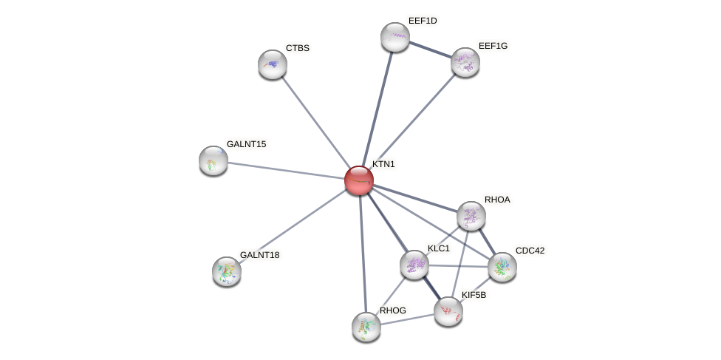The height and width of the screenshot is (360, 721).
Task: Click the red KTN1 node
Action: [359, 180]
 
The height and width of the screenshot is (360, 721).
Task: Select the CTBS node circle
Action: [273, 64]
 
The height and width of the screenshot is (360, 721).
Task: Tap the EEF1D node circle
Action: [395, 37]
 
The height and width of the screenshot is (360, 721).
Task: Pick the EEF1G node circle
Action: [465, 62]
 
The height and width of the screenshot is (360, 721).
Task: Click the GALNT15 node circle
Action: [213, 160]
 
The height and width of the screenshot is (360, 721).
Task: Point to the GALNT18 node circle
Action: [227, 271]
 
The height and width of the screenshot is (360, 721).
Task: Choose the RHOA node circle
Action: [471, 216]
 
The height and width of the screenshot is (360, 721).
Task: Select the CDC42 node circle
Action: [502, 267]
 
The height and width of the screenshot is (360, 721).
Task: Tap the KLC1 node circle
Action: [414, 265]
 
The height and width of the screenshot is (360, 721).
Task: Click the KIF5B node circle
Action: [448, 311]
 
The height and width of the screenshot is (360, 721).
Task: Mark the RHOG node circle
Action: [366, 327]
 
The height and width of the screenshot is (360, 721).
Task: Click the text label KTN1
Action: [383, 164]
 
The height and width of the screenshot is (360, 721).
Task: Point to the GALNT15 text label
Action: [246, 144]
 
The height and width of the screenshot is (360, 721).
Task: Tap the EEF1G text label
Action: [493, 46]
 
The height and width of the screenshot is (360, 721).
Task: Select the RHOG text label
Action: [393, 310]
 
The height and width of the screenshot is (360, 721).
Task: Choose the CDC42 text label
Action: [530, 251]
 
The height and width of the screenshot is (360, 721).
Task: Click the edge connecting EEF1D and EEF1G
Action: [430, 50]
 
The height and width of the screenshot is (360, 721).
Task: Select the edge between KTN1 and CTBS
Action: [315, 122]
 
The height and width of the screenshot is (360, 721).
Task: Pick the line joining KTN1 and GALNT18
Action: [293, 226]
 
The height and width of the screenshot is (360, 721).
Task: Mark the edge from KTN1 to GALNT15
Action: [286, 170]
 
